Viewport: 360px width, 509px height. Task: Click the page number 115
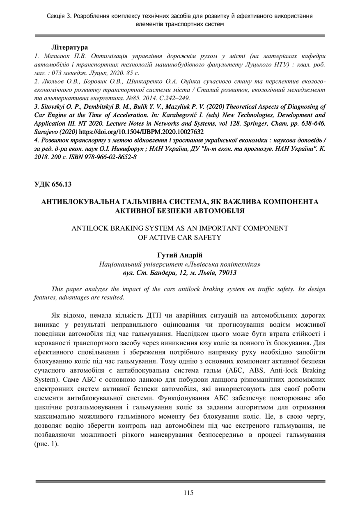click(x=188, y=493)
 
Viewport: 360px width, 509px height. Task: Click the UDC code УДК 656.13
click(x=53, y=184)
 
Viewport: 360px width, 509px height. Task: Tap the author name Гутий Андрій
click(x=180, y=256)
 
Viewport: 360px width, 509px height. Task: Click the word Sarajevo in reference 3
click(x=46, y=132)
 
